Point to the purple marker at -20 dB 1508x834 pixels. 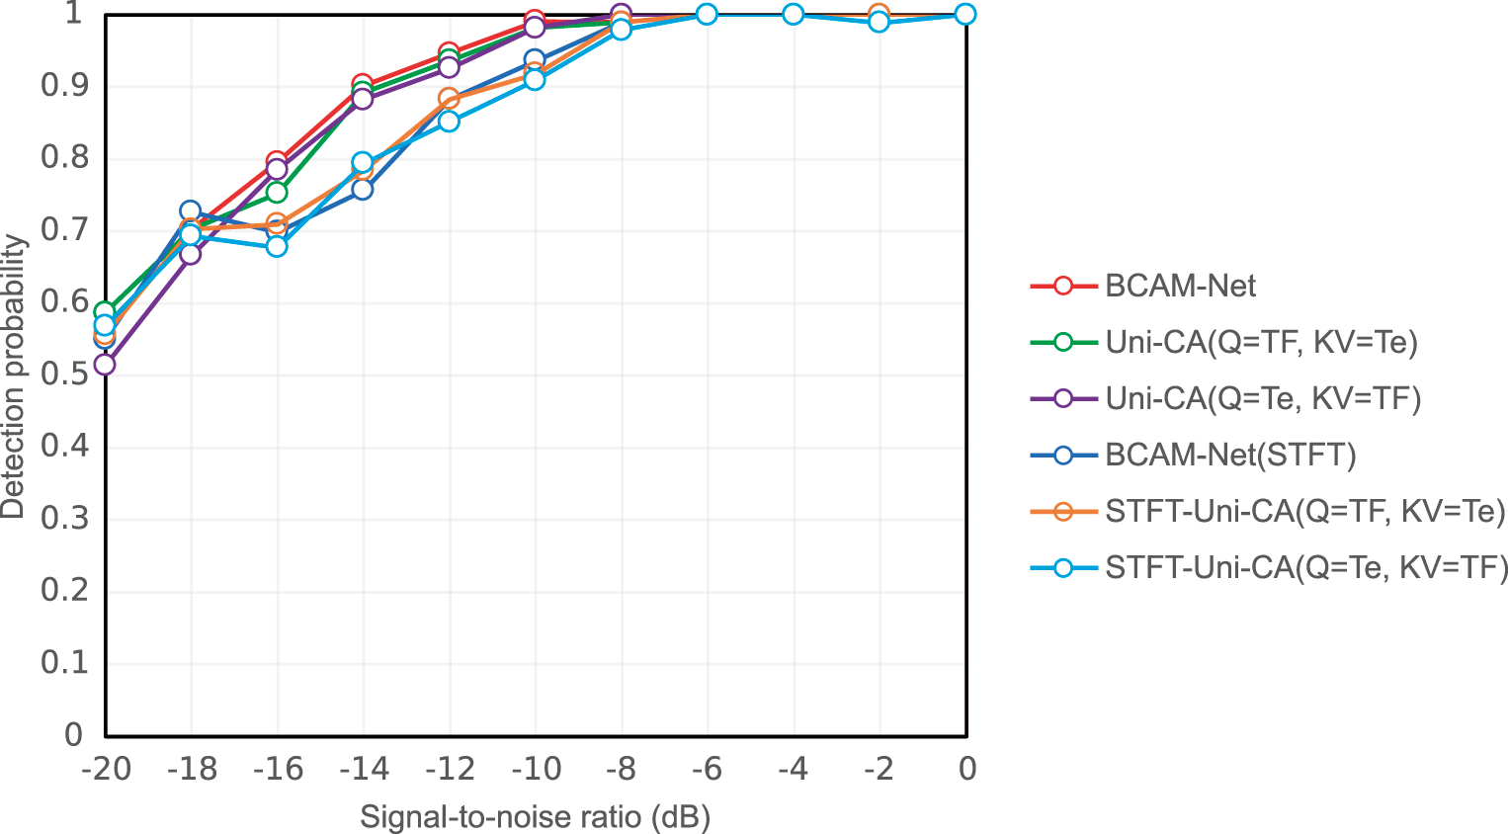click(105, 365)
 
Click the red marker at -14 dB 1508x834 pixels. click(363, 85)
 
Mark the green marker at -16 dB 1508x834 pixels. click(277, 192)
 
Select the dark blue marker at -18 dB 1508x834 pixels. click(191, 211)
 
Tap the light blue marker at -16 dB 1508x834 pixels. click(277, 246)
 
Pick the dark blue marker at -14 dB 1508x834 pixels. click(363, 189)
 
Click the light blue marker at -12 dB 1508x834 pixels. click(449, 122)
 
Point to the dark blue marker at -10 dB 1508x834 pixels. click(535, 60)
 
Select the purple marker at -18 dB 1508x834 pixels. click(191, 254)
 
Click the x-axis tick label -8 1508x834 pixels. click(620, 769)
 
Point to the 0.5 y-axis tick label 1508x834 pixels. click(61, 374)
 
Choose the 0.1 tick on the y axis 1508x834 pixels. click(61, 662)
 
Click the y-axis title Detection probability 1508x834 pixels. click(14, 375)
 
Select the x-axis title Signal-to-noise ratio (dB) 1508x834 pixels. click(535, 817)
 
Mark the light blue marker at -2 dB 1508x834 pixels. click(879, 22)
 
